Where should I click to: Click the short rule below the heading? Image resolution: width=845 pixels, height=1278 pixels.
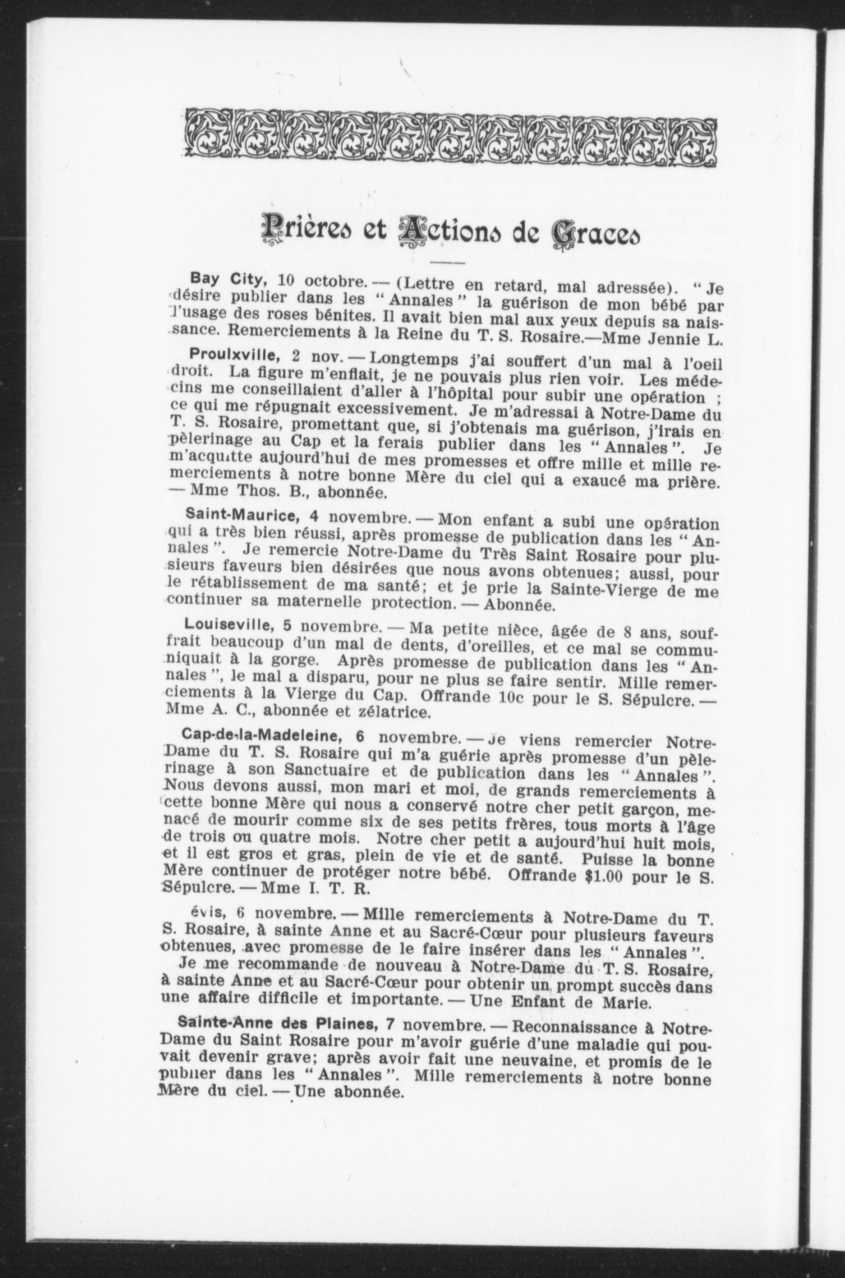click(447, 262)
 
